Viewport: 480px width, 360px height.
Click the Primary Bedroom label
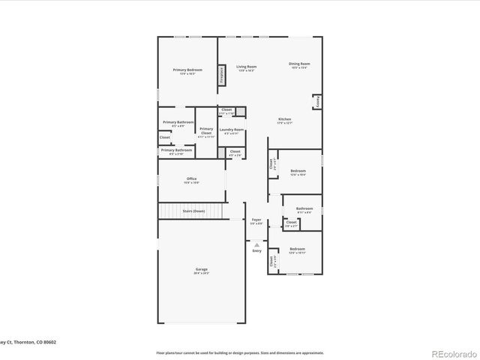click(187, 70)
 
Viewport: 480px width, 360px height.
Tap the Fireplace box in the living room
click(222, 75)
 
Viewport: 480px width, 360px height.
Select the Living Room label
click(246, 67)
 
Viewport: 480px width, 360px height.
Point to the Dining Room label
click(299, 64)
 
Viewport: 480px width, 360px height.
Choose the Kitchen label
click(284, 119)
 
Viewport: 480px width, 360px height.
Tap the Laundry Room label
click(232, 130)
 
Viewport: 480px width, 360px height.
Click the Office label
click(191, 178)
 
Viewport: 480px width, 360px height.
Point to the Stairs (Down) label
click(193, 211)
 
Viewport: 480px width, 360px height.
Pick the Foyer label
click(256, 219)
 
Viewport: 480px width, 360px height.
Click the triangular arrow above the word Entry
click(256, 244)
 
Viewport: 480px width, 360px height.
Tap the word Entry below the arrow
click(256, 251)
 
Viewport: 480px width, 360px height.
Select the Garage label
click(201, 268)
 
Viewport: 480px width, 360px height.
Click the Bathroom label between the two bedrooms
click(304, 208)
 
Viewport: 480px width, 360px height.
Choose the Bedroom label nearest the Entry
click(298, 248)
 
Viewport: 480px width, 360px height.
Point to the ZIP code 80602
click(49, 341)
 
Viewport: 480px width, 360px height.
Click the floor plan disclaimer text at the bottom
click(239, 352)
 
